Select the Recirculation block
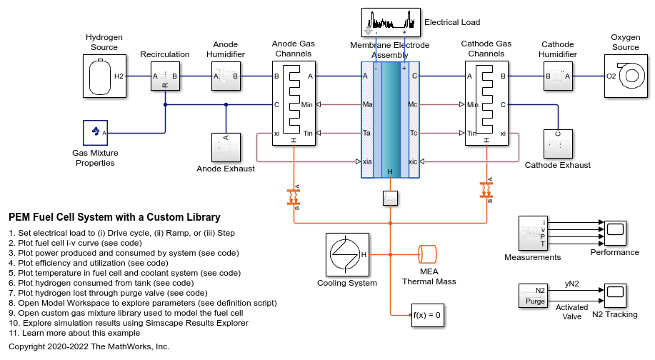pyautogui.click(x=165, y=76)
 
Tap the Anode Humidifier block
pyautogui.click(x=226, y=76)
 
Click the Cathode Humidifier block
pyautogui.click(x=558, y=76)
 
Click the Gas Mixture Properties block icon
pyautogui.click(x=95, y=133)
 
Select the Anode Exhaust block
pyautogui.click(x=226, y=147)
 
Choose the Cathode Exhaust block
pyautogui.click(x=558, y=144)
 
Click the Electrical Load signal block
pyautogui.click(x=390, y=23)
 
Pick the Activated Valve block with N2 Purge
pyautogui.click(x=532, y=295)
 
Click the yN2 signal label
pyautogui.click(x=572, y=284)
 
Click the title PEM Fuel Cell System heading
pyautogui.click(x=114, y=217)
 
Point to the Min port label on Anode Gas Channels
pyautogui.click(x=307, y=104)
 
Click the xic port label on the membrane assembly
pyautogui.click(x=413, y=161)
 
